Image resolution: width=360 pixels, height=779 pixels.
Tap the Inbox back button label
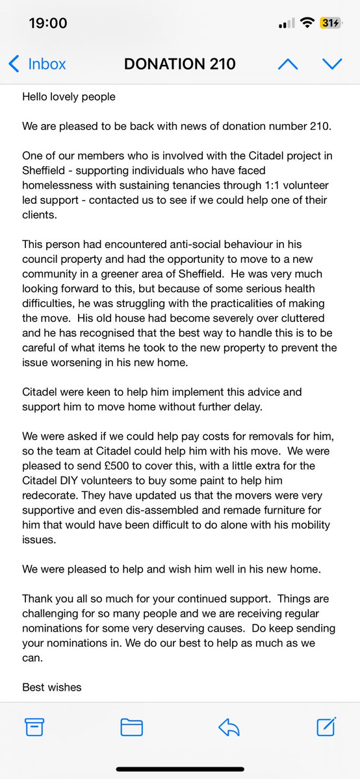pyautogui.click(x=47, y=64)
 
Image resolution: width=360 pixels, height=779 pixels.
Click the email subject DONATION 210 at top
pyautogui.click(x=180, y=64)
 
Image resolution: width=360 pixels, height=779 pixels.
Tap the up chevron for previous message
pyautogui.click(x=287, y=64)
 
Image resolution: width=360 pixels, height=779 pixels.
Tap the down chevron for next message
pyautogui.click(x=332, y=64)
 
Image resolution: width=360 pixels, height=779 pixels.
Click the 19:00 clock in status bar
pyautogui.click(x=48, y=23)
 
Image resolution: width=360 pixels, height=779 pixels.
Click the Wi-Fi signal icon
pyautogui.click(x=305, y=23)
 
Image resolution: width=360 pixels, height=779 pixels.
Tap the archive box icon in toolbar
pyautogui.click(x=33, y=726)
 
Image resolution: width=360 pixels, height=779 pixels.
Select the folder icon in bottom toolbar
pyautogui.click(x=131, y=726)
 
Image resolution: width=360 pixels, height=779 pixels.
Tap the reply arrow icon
pyautogui.click(x=229, y=726)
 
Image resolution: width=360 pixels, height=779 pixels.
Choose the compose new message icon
pyautogui.click(x=326, y=726)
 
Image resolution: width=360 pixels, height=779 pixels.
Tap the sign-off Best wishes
pyautogui.click(x=52, y=687)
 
